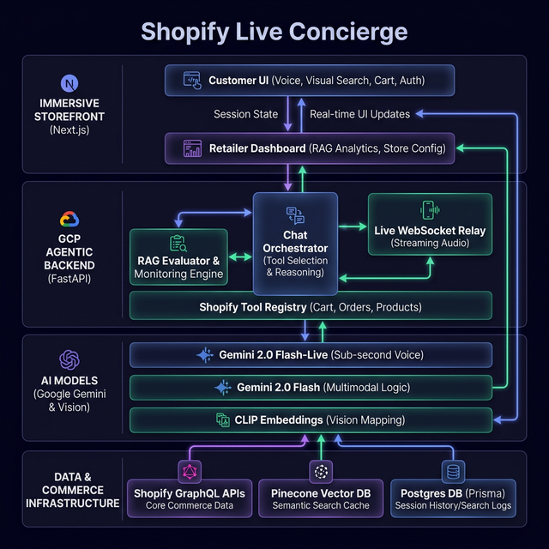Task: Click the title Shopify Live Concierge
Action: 274,32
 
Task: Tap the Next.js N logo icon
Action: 69,83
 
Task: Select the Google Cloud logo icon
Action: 69,220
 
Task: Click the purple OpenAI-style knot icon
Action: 69,359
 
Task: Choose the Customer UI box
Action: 310,80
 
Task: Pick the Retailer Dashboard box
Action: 310,148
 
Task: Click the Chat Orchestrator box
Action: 295,244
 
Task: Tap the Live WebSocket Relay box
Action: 430,224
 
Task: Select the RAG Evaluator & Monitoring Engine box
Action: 178,257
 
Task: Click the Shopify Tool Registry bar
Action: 311,307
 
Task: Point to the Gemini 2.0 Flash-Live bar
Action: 311,354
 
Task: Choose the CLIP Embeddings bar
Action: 311,419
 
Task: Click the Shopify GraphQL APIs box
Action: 190,498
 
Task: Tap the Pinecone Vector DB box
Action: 321,498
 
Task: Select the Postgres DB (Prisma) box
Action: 453,498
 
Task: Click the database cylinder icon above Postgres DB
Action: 453,471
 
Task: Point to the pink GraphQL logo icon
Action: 190,471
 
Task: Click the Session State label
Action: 246,114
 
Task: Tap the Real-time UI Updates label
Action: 359,114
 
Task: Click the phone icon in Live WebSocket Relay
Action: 428,210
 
